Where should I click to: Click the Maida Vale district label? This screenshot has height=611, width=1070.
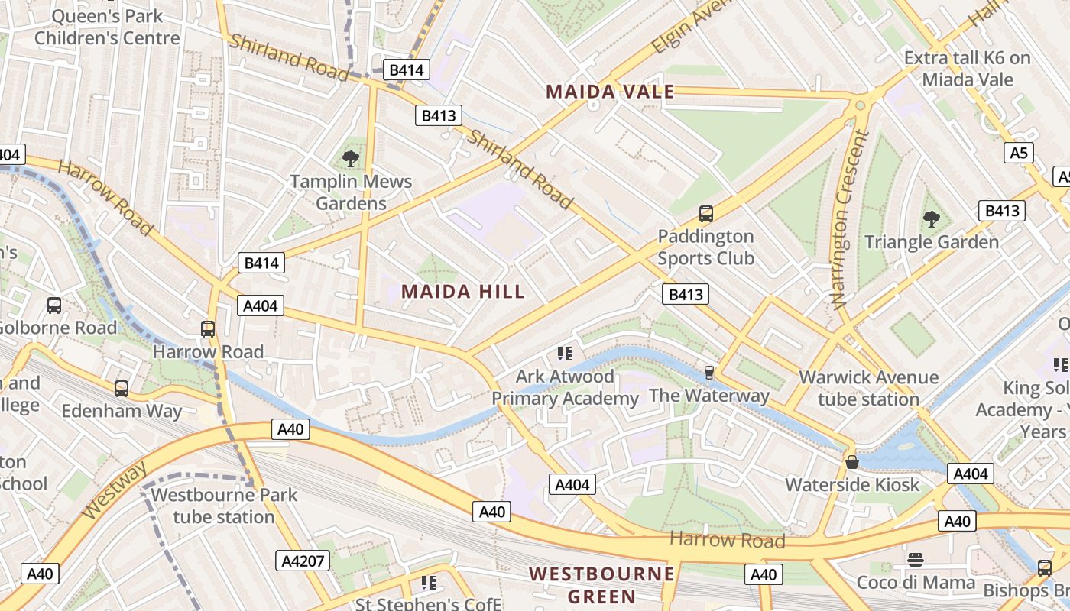pyautogui.click(x=610, y=92)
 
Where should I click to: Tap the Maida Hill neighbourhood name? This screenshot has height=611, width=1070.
pyautogui.click(x=463, y=291)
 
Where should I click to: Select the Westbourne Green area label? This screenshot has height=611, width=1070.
pyautogui.click(x=602, y=585)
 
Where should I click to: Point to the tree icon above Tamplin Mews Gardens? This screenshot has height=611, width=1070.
pyautogui.click(x=351, y=159)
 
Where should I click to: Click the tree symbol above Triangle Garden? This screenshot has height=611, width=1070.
pyautogui.click(x=931, y=220)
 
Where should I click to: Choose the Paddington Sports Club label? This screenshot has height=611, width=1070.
pyautogui.click(x=705, y=247)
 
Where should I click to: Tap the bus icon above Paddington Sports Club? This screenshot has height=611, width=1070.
pyautogui.click(x=706, y=214)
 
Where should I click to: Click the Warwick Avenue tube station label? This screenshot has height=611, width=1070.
pyautogui.click(x=868, y=388)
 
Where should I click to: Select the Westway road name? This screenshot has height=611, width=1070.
pyautogui.click(x=115, y=490)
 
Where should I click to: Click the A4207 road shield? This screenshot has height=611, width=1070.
pyautogui.click(x=303, y=561)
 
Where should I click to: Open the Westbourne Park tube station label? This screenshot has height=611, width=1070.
pyautogui.click(x=224, y=505)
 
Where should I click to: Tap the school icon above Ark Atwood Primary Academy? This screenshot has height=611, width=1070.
pyautogui.click(x=565, y=353)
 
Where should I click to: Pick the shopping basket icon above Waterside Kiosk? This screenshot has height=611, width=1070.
pyautogui.click(x=851, y=462)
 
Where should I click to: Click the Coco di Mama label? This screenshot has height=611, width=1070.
pyautogui.click(x=916, y=582)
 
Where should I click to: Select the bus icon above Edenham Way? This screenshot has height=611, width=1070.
pyautogui.click(x=121, y=389)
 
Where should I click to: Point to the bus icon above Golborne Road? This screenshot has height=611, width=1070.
pyautogui.click(x=54, y=305)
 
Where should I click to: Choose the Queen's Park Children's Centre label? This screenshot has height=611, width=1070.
pyautogui.click(x=107, y=27)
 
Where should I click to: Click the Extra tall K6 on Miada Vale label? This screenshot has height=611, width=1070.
pyautogui.click(x=967, y=69)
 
